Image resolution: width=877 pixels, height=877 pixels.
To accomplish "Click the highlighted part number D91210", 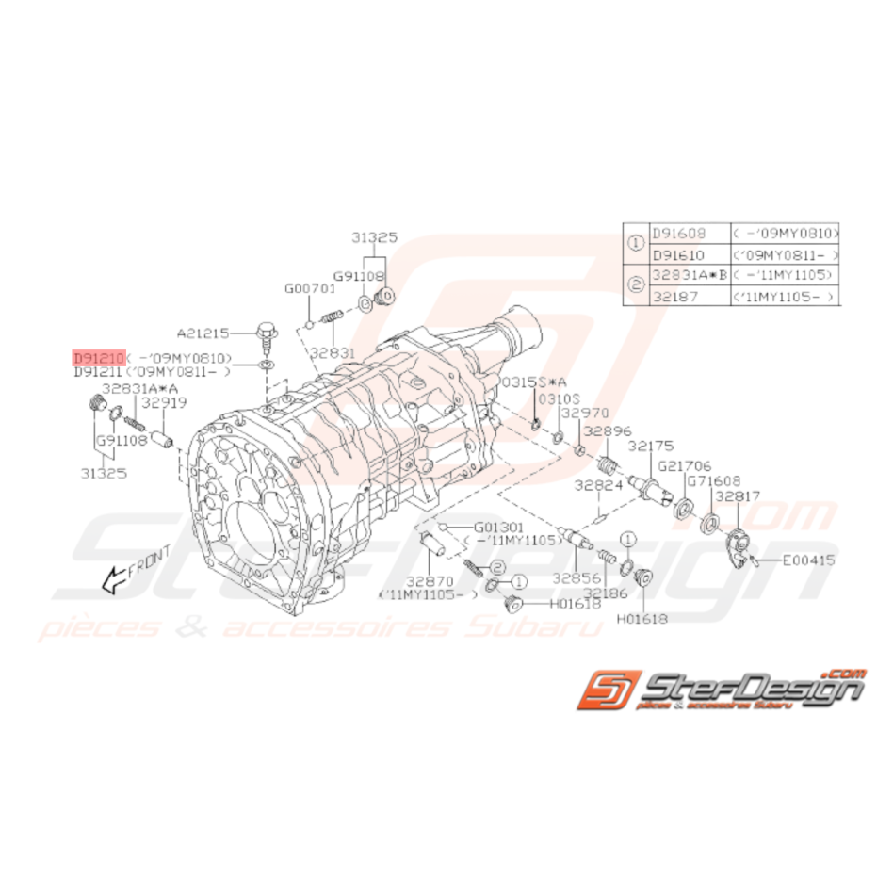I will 98,359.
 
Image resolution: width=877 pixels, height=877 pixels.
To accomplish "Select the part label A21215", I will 202,333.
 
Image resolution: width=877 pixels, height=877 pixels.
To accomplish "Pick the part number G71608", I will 712,480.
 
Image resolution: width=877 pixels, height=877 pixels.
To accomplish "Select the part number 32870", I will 431,581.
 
